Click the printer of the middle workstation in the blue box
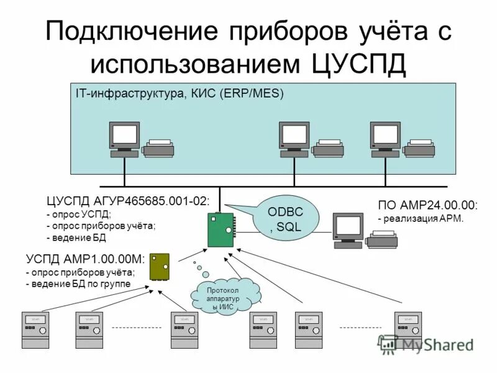click(x=327, y=148)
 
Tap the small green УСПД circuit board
click(x=160, y=266)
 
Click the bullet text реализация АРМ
click(x=423, y=218)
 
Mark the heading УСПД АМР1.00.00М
click(x=85, y=259)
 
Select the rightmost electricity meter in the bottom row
click(x=408, y=329)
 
